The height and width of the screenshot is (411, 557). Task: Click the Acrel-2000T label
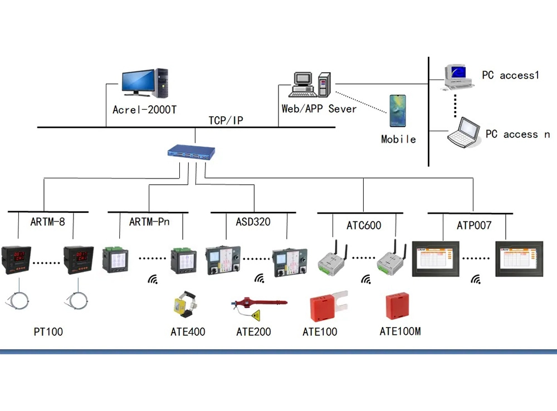(x=144, y=110)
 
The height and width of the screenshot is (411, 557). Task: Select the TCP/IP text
(x=226, y=120)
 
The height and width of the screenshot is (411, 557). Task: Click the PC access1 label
(x=510, y=76)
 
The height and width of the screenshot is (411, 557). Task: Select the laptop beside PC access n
(x=465, y=133)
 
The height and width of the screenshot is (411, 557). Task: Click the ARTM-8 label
(x=47, y=222)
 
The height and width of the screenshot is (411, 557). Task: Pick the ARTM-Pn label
(x=149, y=222)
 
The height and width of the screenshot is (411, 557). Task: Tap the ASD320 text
(x=253, y=222)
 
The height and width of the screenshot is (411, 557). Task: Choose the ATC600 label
(x=364, y=225)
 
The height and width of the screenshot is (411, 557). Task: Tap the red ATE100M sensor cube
(x=398, y=306)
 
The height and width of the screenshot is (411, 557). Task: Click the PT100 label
(x=48, y=332)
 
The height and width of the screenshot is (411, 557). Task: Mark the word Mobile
(x=398, y=139)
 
